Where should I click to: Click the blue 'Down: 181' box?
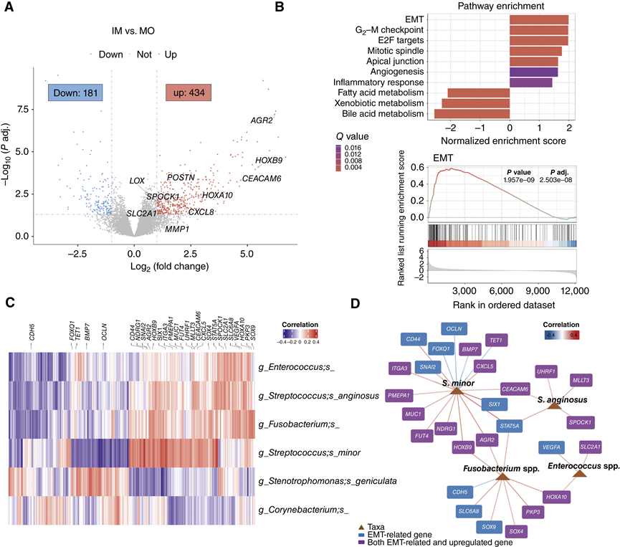[x=75, y=92]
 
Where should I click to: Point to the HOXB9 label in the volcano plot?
[x=268, y=160]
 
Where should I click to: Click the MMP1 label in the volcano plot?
[x=176, y=229]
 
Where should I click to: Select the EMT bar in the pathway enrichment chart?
[x=538, y=19]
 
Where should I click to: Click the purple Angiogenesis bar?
[x=533, y=72]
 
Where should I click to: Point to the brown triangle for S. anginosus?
[x=553, y=406]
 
